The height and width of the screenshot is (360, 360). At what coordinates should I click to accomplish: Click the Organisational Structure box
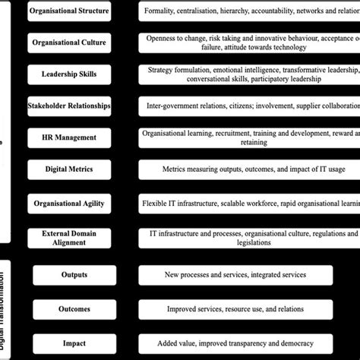point(69,11)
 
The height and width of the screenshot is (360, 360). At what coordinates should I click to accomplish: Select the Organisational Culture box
point(69,43)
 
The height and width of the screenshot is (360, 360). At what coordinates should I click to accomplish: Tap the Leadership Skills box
point(69,74)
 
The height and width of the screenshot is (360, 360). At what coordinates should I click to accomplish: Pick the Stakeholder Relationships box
point(69,106)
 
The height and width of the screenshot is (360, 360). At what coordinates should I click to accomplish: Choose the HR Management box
point(69,137)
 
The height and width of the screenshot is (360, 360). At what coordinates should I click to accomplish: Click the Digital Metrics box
point(69,169)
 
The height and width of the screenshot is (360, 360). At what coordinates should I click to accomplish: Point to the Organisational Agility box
point(69,204)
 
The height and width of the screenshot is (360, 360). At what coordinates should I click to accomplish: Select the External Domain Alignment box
point(69,238)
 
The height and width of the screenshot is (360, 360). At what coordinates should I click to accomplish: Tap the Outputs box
point(74,274)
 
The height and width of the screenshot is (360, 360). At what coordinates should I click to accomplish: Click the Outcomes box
point(74,309)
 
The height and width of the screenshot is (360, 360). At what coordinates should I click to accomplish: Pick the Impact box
point(74,343)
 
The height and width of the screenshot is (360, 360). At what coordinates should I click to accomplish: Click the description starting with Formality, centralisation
point(251,11)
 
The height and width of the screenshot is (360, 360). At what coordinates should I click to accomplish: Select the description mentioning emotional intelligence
point(251,74)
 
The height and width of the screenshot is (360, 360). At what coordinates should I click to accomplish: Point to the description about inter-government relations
point(251,106)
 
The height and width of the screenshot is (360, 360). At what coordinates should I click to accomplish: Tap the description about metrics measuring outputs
point(251,169)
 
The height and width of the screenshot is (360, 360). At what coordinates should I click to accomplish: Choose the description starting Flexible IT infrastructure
point(251,204)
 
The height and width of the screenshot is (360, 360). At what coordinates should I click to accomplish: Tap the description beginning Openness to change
point(251,43)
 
